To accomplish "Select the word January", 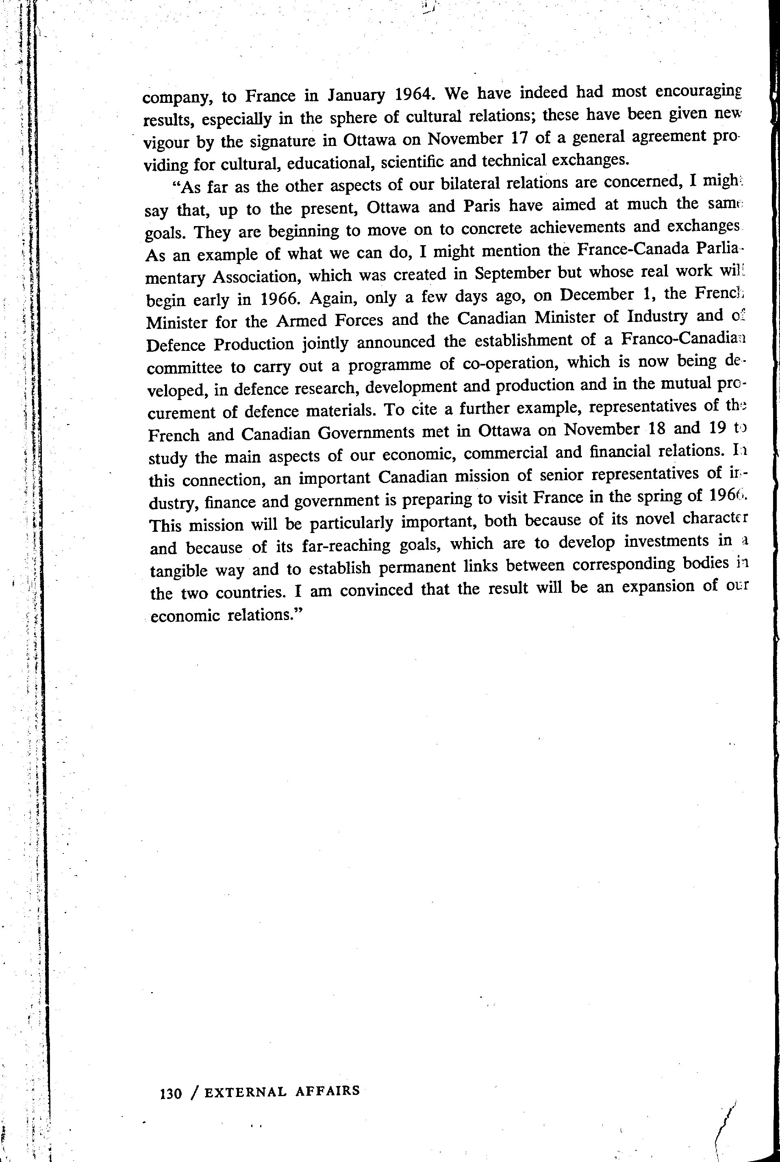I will (x=356, y=96).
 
